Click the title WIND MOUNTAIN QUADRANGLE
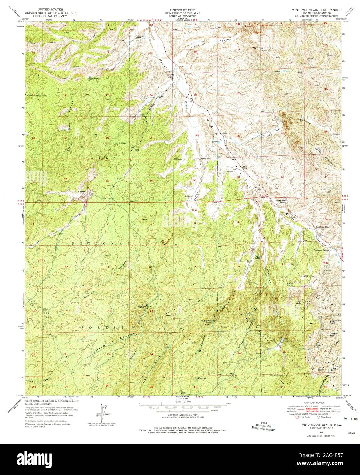(316, 11)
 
